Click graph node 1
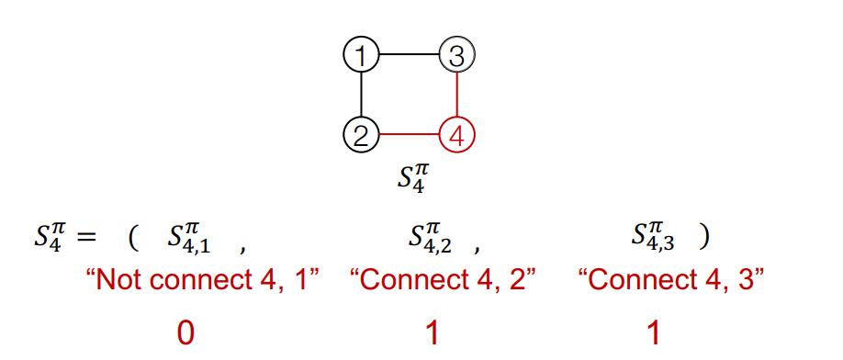[x=362, y=56]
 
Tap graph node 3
[x=456, y=56]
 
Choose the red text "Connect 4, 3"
[x=671, y=280]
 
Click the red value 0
[x=185, y=332]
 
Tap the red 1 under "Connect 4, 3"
[x=654, y=332]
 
